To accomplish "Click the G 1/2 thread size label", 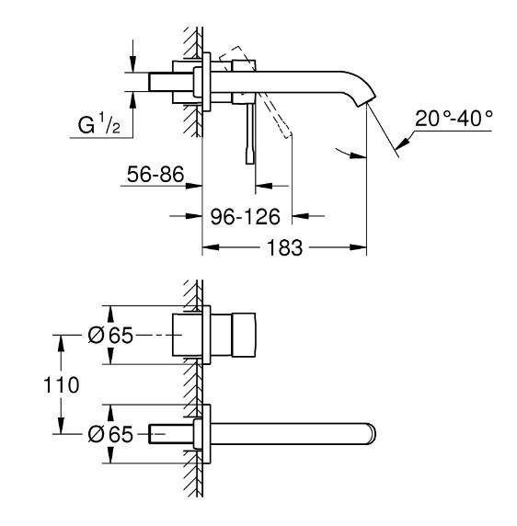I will pos(98,123).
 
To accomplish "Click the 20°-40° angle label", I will pos(454,120).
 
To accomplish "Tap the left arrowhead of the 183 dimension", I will pos(207,248).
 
